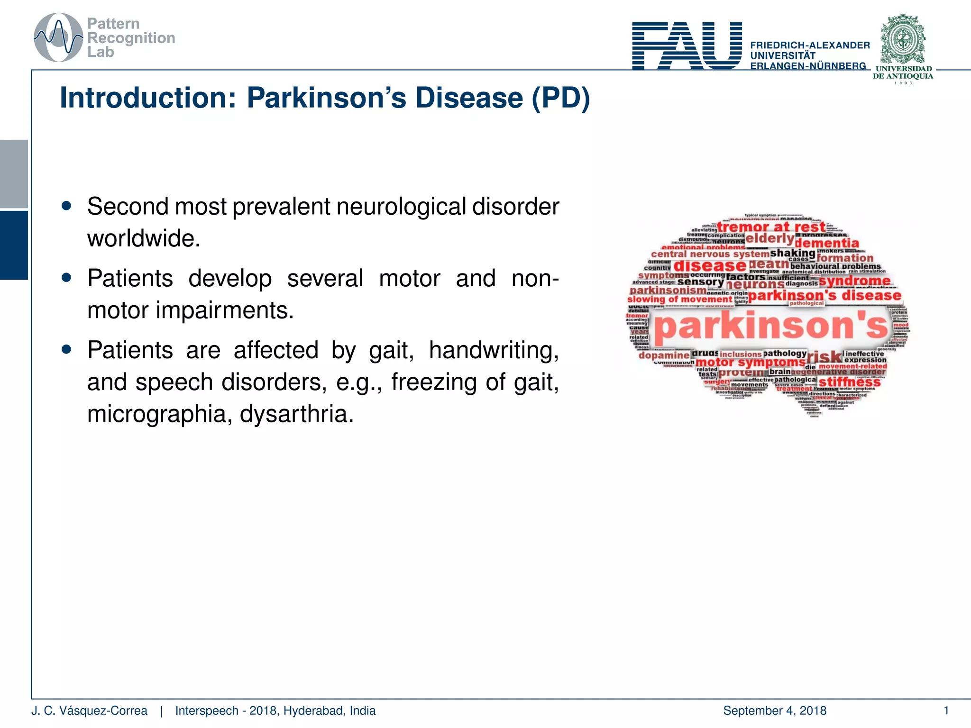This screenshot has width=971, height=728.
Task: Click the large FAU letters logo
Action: (x=687, y=45)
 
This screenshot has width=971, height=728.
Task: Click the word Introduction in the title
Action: (x=147, y=98)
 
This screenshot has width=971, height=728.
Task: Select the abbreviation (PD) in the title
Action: (x=561, y=98)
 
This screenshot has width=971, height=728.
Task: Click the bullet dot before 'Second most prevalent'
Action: (x=66, y=206)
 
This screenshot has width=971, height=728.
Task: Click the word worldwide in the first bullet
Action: (x=144, y=238)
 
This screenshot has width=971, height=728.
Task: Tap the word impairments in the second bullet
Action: (x=225, y=310)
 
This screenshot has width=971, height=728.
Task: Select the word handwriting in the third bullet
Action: (x=494, y=350)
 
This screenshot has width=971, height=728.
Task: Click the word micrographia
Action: (x=160, y=414)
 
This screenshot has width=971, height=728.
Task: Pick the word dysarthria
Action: (x=297, y=414)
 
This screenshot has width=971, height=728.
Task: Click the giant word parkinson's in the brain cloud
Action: (x=770, y=327)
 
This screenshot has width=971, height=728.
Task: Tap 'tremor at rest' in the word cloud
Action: (x=771, y=227)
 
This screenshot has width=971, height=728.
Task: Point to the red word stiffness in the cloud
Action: (x=849, y=382)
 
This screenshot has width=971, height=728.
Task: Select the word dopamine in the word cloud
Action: (x=664, y=355)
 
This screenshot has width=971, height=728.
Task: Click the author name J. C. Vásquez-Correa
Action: (x=89, y=710)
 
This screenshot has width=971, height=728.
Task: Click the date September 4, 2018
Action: (x=775, y=710)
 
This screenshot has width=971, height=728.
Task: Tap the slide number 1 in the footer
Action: (x=946, y=710)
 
